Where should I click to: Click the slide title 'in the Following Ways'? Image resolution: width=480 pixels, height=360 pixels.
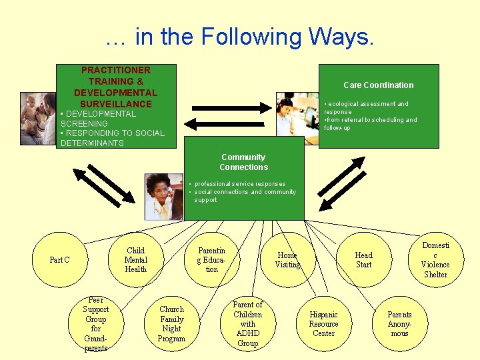coord(240,37)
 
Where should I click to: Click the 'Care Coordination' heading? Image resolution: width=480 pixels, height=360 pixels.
coord(378,85)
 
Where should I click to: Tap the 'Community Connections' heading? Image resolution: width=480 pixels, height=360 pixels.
coord(243,162)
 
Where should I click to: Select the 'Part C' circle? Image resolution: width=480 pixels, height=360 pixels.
coord(59,260)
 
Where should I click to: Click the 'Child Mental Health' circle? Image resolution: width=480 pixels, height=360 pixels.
coord(135,260)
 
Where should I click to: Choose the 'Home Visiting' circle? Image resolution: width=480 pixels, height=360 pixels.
coord(287,260)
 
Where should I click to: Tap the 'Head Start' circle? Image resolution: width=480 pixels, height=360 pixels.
coord(364,260)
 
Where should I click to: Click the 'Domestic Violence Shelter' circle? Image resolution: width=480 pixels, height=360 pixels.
coord(435,260)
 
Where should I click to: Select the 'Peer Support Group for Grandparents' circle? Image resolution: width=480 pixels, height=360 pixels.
coord(95,324)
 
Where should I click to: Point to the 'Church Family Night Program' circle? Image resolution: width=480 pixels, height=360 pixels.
coord(171,324)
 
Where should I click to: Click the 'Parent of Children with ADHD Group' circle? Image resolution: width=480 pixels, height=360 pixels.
coord(247,324)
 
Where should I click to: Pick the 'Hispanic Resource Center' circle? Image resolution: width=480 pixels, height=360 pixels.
coord(323,324)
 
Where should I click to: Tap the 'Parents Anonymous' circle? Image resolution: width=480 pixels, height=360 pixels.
coord(399,324)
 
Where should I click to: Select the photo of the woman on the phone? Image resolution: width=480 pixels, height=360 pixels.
coord(164,197)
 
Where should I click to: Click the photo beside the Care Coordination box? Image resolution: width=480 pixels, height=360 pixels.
coord(298,114)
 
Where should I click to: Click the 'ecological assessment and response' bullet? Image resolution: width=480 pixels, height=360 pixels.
coord(366,108)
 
